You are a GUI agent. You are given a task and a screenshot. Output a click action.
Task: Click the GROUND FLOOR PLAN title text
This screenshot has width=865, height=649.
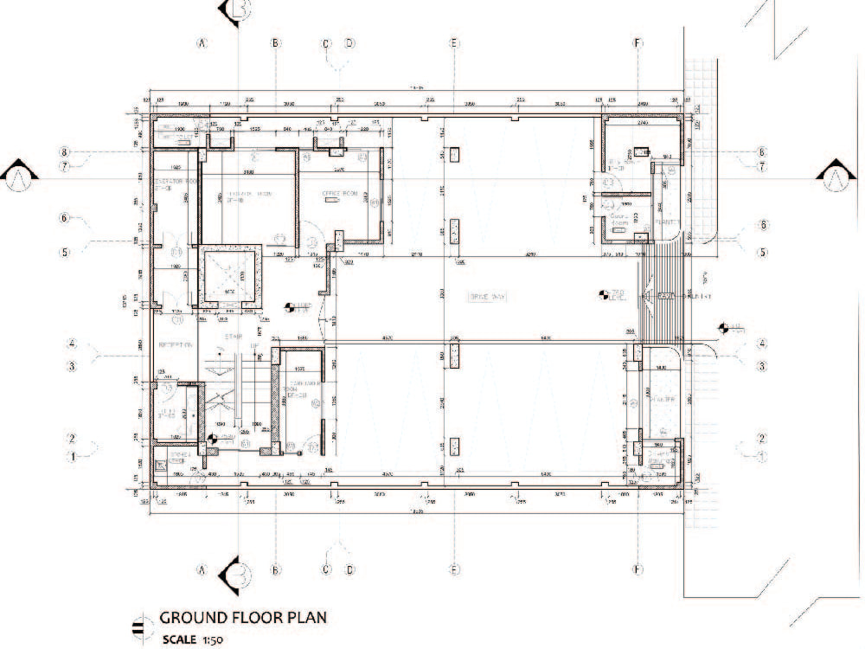click(242, 619)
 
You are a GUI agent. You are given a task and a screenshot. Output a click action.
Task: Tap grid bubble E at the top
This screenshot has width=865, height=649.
click(453, 42)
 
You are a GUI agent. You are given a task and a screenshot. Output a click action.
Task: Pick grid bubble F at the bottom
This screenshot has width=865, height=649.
click(637, 569)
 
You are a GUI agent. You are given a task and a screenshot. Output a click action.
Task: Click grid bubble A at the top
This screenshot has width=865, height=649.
click(202, 42)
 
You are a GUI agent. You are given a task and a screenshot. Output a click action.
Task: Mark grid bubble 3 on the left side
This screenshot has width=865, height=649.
click(73, 366)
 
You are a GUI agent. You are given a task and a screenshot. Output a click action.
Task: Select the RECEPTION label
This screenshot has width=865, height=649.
click(174, 344)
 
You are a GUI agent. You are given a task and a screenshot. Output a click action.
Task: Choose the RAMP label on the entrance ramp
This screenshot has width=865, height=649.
click(665, 297)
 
